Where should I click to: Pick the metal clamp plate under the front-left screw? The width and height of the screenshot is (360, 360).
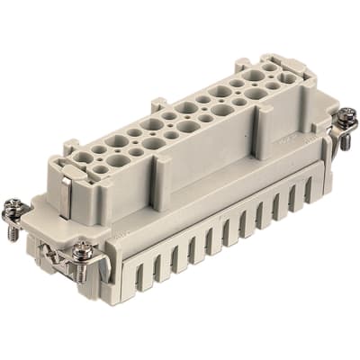79,261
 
